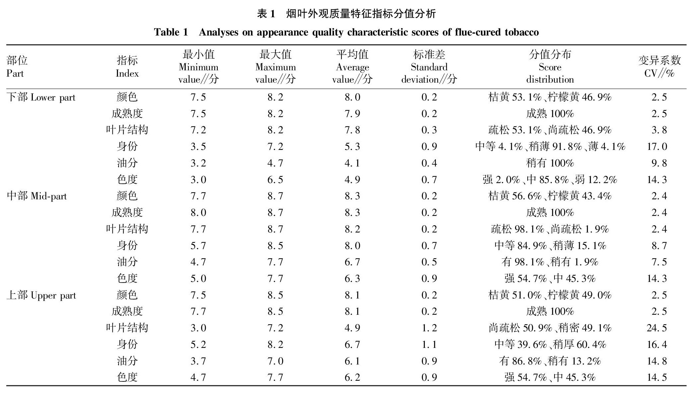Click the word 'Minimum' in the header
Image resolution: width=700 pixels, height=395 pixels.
click(x=199, y=67)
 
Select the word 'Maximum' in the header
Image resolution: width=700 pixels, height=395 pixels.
click(x=275, y=67)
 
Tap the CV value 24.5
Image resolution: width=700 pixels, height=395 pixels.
click(x=657, y=328)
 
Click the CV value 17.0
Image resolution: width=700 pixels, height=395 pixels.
click(x=657, y=146)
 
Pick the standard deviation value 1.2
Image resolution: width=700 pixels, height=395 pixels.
click(x=429, y=328)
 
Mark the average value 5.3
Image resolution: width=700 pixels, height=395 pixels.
click(x=352, y=146)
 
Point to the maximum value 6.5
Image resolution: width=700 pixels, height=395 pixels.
click(x=275, y=179)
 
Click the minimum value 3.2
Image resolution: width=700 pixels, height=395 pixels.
click(x=198, y=163)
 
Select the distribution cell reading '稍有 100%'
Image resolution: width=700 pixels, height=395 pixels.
click(x=550, y=163)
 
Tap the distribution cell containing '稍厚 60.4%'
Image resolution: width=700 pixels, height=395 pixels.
click(x=550, y=344)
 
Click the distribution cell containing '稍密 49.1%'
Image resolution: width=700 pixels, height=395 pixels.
click(x=550, y=328)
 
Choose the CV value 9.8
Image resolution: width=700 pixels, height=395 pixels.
click(x=659, y=163)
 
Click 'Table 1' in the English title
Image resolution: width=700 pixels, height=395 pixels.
click(x=171, y=32)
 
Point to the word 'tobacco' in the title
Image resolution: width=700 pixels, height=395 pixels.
click(x=522, y=32)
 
